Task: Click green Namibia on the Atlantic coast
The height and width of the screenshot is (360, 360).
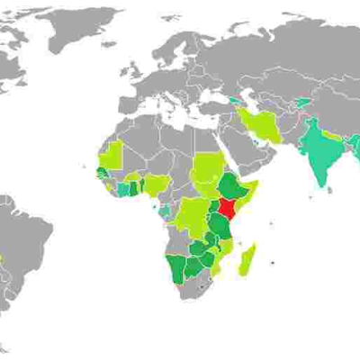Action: coord(173,268)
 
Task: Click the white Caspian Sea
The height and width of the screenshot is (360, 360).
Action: coord(253,99)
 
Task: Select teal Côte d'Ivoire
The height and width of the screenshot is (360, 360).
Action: coord(123,190)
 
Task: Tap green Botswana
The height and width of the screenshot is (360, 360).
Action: coord(191,269)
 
